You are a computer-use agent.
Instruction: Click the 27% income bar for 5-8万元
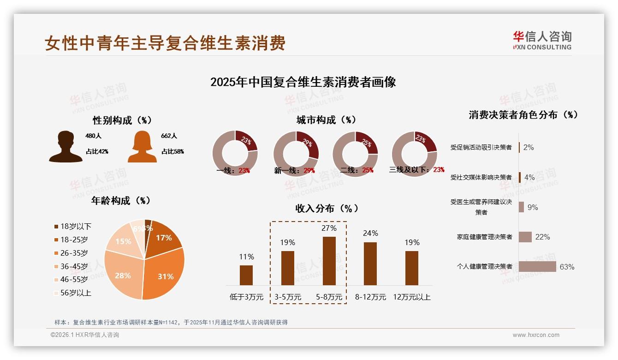click(x=329, y=261)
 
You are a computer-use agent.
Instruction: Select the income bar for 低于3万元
click(x=246, y=275)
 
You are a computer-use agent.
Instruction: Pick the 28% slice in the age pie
click(x=122, y=276)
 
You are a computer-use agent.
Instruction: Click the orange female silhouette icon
click(x=142, y=147)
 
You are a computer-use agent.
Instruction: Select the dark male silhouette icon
click(x=65, y=147)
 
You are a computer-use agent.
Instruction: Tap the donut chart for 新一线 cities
click(x=296, y=154)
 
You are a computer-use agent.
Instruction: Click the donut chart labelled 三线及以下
click(x=414, y=154)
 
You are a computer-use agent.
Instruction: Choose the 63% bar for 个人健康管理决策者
click(x=537, y=266)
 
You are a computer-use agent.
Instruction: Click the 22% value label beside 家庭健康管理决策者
click(x=542, y=237)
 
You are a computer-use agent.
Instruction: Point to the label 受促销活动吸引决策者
click(x=481, y=147)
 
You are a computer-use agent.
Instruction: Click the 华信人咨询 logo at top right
click(x=542, y=40)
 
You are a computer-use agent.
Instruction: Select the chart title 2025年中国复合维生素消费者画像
click(x=303, y=82)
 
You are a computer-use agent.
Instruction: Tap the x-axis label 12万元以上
click(x=411, y=297)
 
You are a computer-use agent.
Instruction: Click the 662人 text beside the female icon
click(x=169, y=136)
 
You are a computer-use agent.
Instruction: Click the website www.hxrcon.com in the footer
click(x=535, y=335)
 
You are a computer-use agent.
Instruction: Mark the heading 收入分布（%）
click(x=327, y=208)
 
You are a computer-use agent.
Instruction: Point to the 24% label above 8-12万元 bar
click(x=370, y=233)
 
